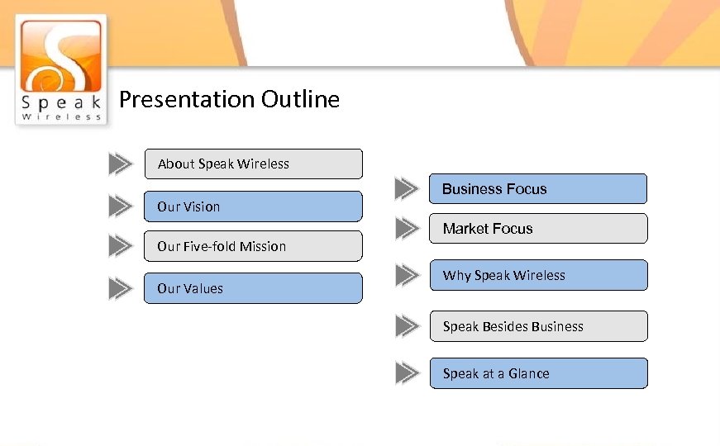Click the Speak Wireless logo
(61, 69)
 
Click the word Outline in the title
(300, 100)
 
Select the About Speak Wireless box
(253, 164)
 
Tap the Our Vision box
(253, 206)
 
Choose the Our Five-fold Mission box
(253, 246)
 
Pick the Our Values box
(253, 288)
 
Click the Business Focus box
(538, 189)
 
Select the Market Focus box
(538, 229)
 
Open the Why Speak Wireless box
(538, 275)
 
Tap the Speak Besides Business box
(538, 326)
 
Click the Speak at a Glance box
(538, 373)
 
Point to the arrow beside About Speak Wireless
(121, 164)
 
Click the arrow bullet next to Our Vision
(121, 206)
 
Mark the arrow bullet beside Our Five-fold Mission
(121, 246)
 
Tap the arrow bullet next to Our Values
(121, 288)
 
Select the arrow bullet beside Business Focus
(407, 189)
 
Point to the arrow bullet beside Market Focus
(407, 229)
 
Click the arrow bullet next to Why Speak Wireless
(407, 275)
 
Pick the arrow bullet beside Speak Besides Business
(407, 326)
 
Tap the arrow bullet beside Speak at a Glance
(407, 373)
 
